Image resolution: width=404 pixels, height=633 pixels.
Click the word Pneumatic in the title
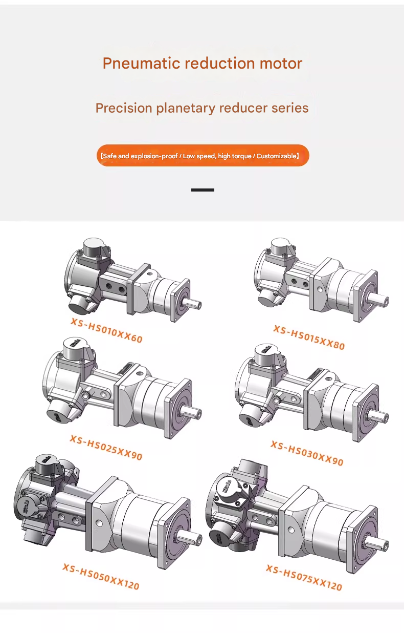[141, 64]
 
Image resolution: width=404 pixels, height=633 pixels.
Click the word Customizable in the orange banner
[277, 156]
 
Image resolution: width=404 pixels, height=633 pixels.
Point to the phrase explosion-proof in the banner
[154, 156]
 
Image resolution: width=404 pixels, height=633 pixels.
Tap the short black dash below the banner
[203, 190]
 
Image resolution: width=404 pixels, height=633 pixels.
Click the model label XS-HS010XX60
[107, 330]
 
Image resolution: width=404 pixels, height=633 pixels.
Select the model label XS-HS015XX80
[309, 337]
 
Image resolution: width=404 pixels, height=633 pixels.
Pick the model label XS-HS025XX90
[106, 447]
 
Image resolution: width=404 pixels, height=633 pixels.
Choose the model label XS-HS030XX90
[307, 453]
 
